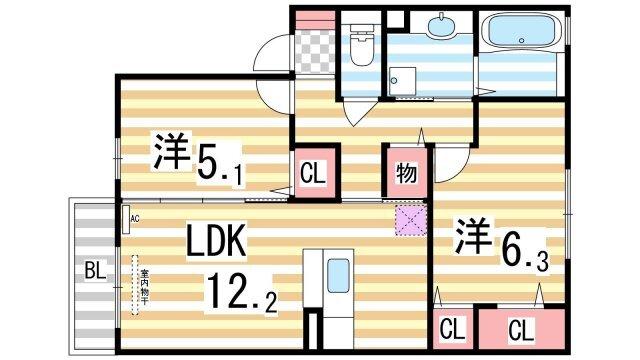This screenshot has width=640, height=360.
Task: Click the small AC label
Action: [132, 218]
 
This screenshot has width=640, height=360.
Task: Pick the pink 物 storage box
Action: [405, 172]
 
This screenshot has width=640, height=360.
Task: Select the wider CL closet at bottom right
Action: [519, 329]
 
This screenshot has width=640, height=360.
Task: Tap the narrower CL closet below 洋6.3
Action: [452, 329]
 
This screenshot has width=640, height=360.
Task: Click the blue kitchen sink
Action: [338, 273]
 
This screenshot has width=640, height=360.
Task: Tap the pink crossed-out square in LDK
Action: [410, 222]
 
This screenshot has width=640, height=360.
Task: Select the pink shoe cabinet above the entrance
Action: [313, 18]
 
